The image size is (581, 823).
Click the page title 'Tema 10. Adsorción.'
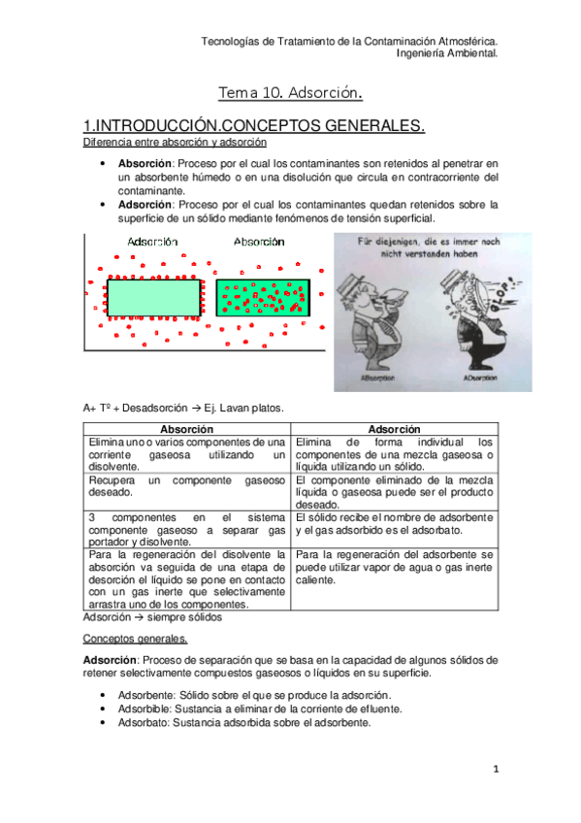point(290,93)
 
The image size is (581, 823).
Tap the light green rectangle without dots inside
point(152,297)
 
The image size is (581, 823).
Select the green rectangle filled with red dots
point(262,297)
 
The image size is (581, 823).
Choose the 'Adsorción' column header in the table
point(394,429)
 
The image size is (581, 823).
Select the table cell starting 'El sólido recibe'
point(394,523)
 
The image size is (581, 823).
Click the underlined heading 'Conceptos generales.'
point(136,640)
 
